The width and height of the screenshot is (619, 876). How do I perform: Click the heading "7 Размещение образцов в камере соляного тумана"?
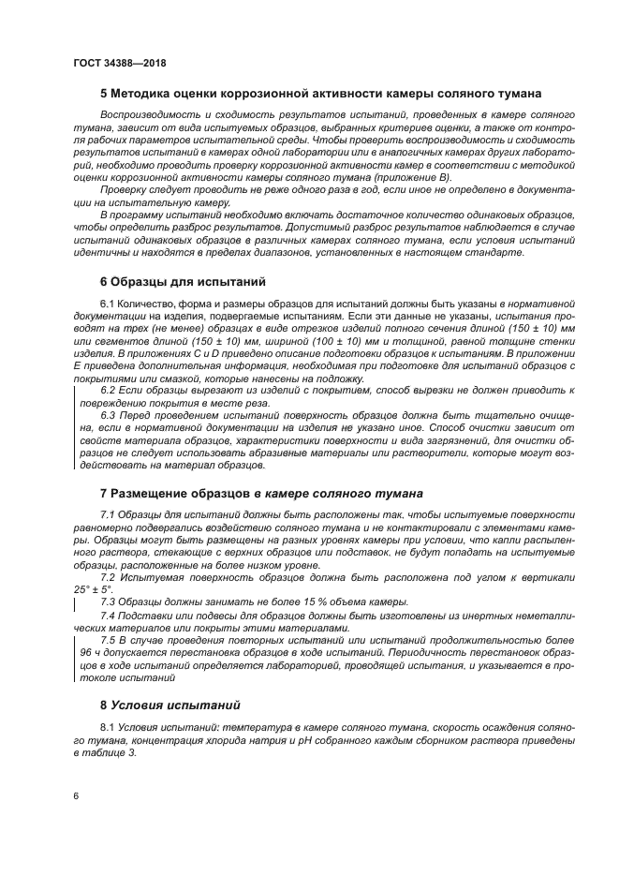[x=261, y=493]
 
